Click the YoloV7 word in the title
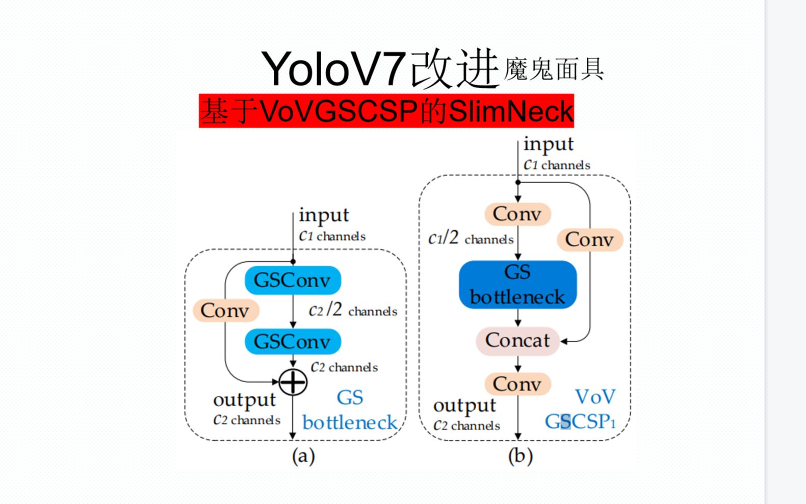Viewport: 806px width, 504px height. coord(334,69)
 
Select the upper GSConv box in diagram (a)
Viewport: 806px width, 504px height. coord(293,280)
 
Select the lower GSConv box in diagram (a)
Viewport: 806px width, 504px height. coord(293,341)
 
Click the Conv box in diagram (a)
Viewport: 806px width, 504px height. coord(225,310)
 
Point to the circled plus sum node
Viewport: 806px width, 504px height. coord(293,382)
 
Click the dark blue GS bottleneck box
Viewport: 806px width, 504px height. coord(517,285)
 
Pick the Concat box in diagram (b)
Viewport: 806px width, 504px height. coord(517,340)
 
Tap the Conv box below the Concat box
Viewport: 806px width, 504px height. coord(517,384)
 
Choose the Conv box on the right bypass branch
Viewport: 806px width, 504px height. coord(590,239)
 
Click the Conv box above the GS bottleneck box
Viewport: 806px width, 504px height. coord(517,214)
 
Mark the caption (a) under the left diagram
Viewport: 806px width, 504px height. coord(303,456)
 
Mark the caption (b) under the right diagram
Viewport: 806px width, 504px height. coord(521,456)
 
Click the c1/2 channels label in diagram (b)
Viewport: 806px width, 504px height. coord(471,238)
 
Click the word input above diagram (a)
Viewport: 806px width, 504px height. coord(324,215)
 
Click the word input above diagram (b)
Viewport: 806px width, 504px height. coord(549,144)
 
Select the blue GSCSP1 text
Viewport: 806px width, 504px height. coord(580,422)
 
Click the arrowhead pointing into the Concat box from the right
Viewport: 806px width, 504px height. coord(564,341)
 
